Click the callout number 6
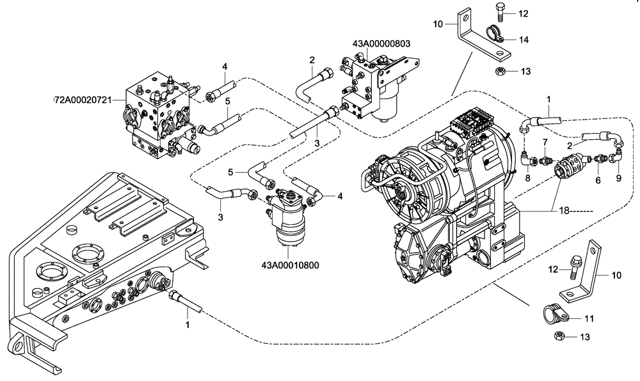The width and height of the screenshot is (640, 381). coord(598,180)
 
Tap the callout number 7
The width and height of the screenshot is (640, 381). coord(545,141)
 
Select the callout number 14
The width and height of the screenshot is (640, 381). coord(524,40)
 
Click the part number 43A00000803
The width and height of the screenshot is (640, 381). coord(381,44)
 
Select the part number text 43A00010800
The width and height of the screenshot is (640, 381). coord(290,264)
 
